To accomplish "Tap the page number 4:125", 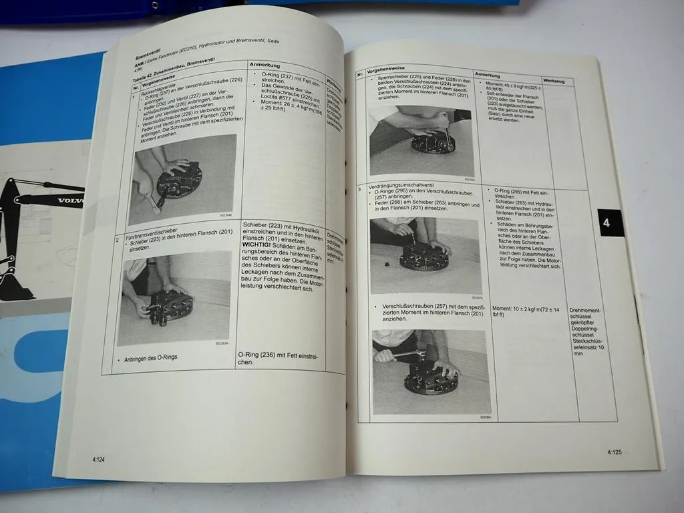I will pyautogui.click(x=615, y=452).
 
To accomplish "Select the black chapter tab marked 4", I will pyautogui.click(x=606, y=223).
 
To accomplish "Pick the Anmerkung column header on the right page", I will pyautogui.click(x=491, y=74).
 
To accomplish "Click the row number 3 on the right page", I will pyautogui.click(x=361, y=189).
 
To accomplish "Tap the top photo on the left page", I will pyautogui.click(x=182, y=179).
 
